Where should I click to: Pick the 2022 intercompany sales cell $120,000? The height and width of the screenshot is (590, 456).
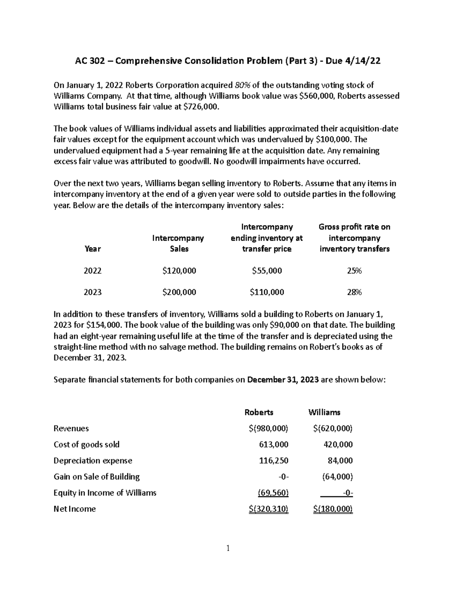tap(179, 270)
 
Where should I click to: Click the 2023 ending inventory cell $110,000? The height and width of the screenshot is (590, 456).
tap(267, 292)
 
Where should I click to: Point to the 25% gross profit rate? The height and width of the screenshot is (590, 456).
tap(354, 270)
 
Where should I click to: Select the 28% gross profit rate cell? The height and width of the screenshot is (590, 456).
tap(354, 292)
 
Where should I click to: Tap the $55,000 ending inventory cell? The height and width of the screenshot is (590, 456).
tap(267, 270)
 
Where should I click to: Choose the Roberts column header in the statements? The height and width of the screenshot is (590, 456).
tap(259, 412)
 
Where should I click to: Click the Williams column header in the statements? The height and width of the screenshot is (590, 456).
tap(324, 412)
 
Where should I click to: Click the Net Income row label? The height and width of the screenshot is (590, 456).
tap(74, 509)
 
